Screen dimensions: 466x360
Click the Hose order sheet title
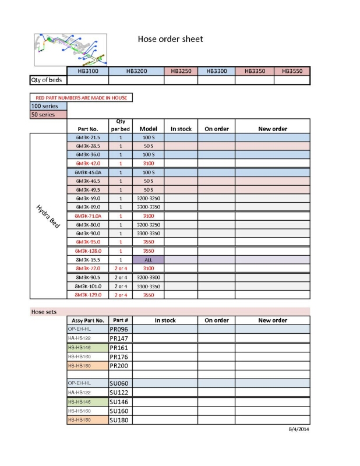(170, 39)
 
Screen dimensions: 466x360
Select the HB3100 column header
(88, 71)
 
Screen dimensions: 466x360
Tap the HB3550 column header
(292, 71)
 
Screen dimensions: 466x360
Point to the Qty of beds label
(46, 80)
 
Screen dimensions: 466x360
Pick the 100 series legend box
(48, 106)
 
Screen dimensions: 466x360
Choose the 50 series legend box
(48, 115)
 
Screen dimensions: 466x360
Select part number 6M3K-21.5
(88, 137)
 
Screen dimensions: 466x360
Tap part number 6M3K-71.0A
(88, 216)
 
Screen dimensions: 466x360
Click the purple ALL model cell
(149, 259)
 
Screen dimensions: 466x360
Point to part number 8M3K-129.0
(88, 295)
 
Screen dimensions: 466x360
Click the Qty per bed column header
(121, 125)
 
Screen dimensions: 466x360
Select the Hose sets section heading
(44, 312)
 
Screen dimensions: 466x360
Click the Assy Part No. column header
(88, 320)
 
